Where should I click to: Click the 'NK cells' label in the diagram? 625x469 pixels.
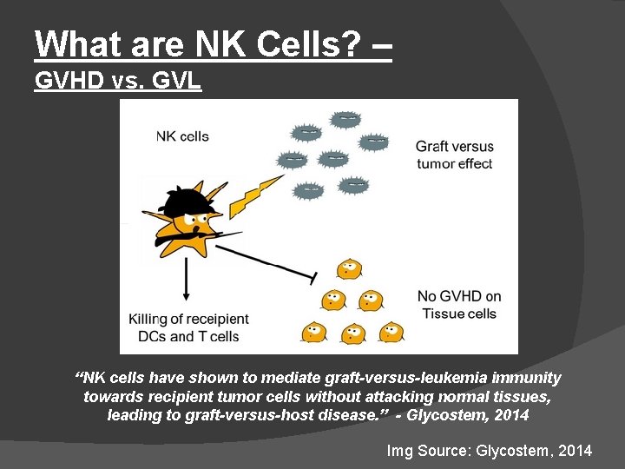[182, 135]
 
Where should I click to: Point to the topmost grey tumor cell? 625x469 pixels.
[345, 118]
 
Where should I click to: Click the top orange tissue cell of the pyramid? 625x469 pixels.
[349, 268]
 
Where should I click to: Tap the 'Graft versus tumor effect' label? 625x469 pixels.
[454, 155]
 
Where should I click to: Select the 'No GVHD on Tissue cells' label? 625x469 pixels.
[458, 305]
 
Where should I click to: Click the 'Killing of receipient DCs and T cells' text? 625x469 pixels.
[188, 327]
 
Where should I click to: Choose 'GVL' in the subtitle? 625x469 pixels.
[179, 82]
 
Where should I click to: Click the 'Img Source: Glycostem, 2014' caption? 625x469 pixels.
[489, 450]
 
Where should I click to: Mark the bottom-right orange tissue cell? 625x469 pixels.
[391, 332]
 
